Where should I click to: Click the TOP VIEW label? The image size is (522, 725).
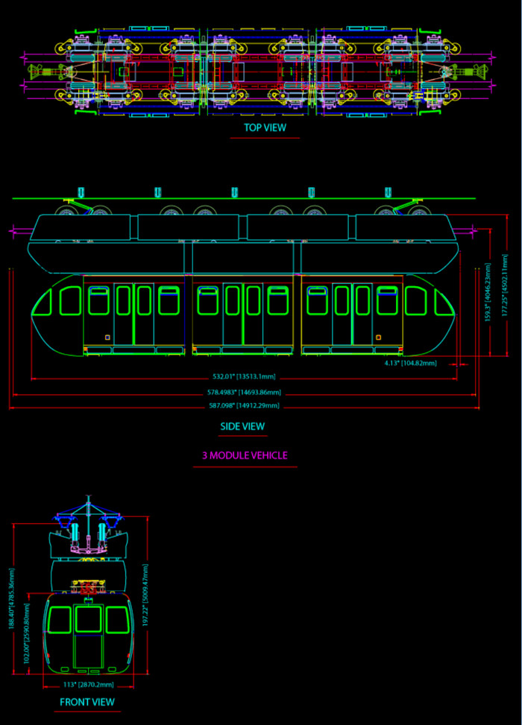click(265, 127)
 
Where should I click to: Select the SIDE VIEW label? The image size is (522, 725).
click(242, 427)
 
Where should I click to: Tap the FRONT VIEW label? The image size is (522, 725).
click(87, 702)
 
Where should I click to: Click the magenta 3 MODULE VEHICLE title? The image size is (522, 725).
click(245, 455)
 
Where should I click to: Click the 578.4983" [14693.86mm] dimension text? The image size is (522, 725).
click(244, 392)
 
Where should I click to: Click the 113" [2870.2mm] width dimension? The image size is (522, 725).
click(87, 684)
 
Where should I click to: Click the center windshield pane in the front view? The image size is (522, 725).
click(88, 618)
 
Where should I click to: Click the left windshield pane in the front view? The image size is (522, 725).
click(60, 619)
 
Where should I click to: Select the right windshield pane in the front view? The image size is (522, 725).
click(116, 619)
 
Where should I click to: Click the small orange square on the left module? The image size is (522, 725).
click(107, 338)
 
